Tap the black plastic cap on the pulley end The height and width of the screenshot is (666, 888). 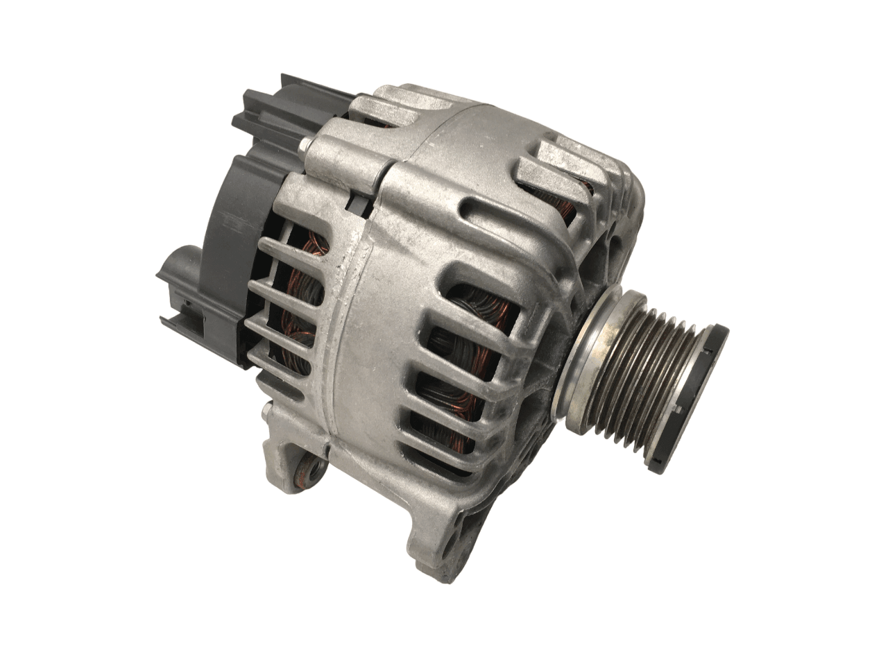point(701,395)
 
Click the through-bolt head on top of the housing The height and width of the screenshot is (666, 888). point(305,145)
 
